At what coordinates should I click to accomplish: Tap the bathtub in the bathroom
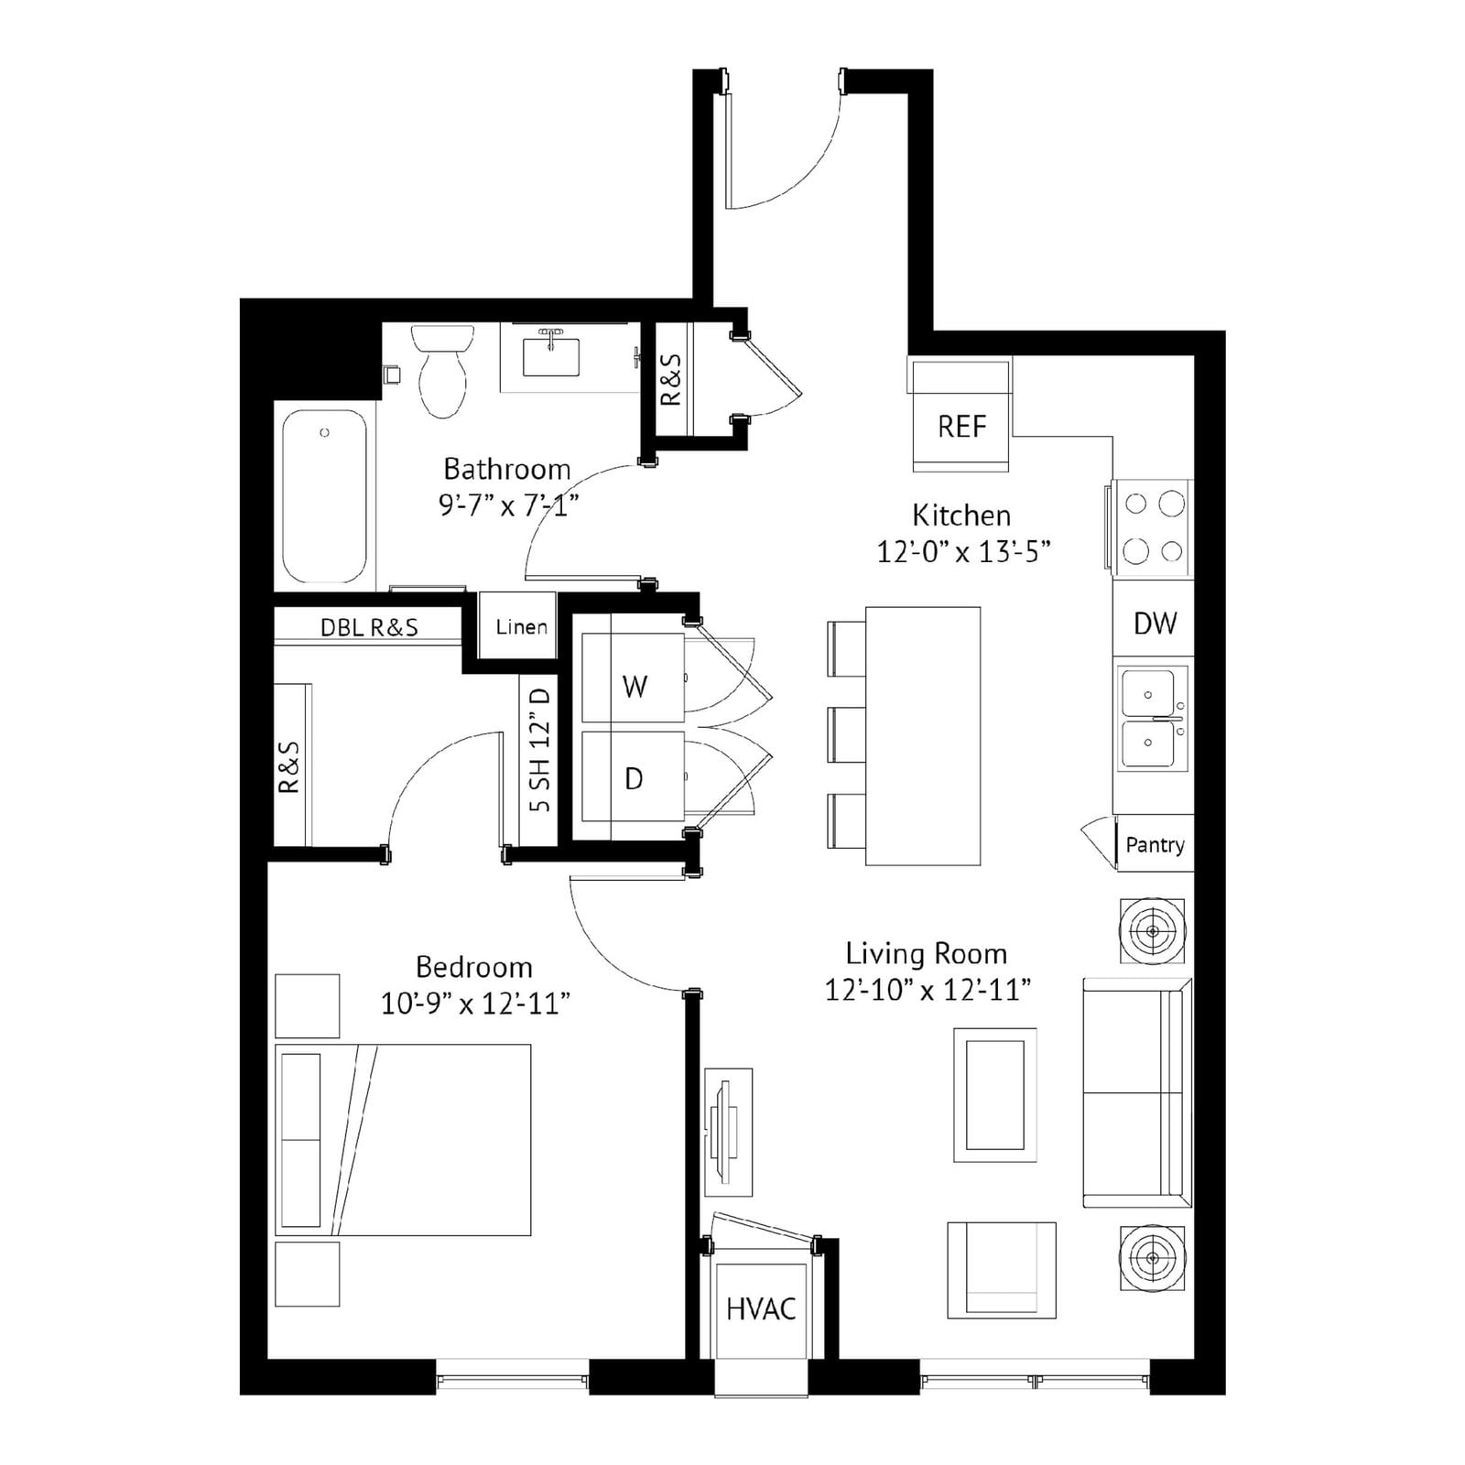[324, 495]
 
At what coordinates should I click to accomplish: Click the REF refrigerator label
[962, 426]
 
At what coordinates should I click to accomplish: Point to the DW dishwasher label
[1155, 624]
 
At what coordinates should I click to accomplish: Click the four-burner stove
[1153, 528]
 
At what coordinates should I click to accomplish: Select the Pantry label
[1155, 844]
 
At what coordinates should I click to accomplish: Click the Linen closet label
[522, 627]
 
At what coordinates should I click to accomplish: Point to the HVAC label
[761, 1309]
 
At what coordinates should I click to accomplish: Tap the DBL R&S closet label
[369, 627]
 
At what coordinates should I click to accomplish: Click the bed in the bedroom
[403, 1140]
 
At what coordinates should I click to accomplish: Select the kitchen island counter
[923, 735]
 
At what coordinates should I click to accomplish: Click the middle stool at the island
[847, 734]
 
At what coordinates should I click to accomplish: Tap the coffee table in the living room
[995, 1095]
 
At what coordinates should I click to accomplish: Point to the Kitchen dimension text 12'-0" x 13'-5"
[962, 552]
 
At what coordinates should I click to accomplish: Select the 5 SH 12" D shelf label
[540, 750]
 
